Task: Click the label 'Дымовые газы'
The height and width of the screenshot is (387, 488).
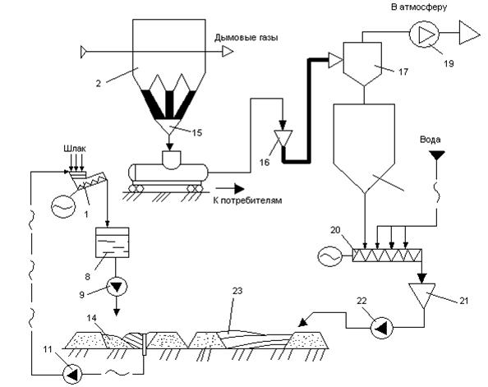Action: point(246,38)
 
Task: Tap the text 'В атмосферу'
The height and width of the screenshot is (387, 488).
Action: point(419,7)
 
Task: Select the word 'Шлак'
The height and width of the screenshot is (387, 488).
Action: point(75,149)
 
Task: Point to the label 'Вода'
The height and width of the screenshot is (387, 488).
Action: point(430,139)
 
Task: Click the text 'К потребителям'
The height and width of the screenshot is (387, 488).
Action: point(248,200)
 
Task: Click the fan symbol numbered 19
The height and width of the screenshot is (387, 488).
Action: point(424,35)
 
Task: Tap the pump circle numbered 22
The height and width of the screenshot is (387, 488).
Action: point(382,328)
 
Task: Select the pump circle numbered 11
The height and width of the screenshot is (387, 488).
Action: point(72,374)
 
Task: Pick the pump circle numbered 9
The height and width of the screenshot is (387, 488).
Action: point(117,287)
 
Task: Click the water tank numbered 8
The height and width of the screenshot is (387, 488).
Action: point(112,242)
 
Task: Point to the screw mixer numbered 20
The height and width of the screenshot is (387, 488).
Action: point(387,256)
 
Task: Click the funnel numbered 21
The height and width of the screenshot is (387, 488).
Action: point(422,295)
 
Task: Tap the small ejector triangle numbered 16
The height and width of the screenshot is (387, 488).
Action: point(283,138)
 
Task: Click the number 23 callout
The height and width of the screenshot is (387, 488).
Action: point(237,291)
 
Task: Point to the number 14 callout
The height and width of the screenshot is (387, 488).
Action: point(92,318)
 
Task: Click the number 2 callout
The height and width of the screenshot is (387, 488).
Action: point(99,84)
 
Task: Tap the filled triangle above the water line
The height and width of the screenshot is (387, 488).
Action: point(436,155)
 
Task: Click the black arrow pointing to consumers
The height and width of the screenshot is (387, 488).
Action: point(230,188)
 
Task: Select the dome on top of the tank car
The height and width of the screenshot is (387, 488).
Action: point(172,159)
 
